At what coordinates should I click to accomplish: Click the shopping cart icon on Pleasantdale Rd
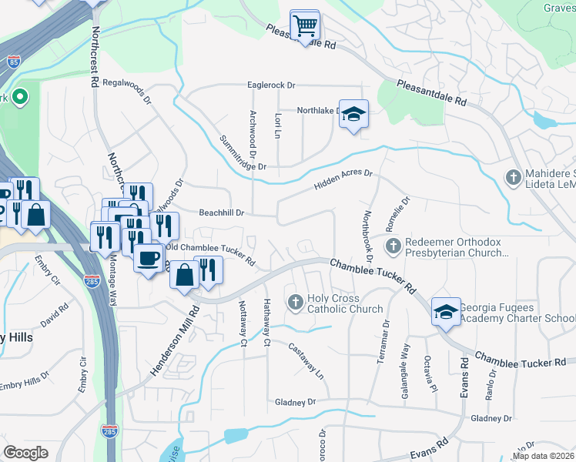tap(305, 25)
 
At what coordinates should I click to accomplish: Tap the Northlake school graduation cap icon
tap(353, 115)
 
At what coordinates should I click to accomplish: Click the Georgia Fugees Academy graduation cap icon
tap(446, 312)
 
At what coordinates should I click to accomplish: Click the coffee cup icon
tap(148, 257)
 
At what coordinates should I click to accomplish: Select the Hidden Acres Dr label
tap(343, 181)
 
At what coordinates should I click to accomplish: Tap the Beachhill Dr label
tap(222, 213)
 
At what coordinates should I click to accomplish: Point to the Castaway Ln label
tap(306, 360)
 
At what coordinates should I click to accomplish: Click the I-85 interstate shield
tap(13, 62)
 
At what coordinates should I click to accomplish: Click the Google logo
tap(26, 453)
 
